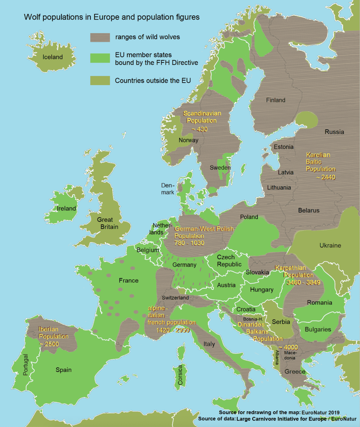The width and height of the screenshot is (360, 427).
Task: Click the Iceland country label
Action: [x=53, y=57]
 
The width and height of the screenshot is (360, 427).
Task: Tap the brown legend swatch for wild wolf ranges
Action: [x=100, y=37]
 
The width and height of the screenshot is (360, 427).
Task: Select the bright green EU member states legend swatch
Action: [x=100, y=58]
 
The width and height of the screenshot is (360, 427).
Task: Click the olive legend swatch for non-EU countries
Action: [x=100, y=81]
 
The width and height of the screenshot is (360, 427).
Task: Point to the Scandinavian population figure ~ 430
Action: [x=200, y=129]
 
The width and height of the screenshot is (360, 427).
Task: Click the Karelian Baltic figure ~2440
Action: [x=325, y=178]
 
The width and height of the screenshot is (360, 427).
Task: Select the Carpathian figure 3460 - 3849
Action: [x=303, y=283]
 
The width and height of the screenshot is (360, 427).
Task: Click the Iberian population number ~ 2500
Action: [x=48, y=344]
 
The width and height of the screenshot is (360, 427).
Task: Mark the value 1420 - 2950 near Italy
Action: [x=172, y=330]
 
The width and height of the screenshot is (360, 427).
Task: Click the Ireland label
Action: [x=66, y=209]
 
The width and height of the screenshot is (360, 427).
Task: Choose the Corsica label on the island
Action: [x=180, y=375]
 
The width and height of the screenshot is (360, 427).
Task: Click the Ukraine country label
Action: [x=330, y=246]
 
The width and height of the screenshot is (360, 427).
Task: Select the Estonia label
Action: [x=284, y=147]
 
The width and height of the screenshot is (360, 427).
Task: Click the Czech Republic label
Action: [x=229, y=261]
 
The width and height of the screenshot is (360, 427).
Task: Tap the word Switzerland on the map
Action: [x=175, y=298]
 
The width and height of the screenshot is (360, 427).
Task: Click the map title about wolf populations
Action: [x=112, y=17]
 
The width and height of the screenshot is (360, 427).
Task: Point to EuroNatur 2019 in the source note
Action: [x=323, y=413]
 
